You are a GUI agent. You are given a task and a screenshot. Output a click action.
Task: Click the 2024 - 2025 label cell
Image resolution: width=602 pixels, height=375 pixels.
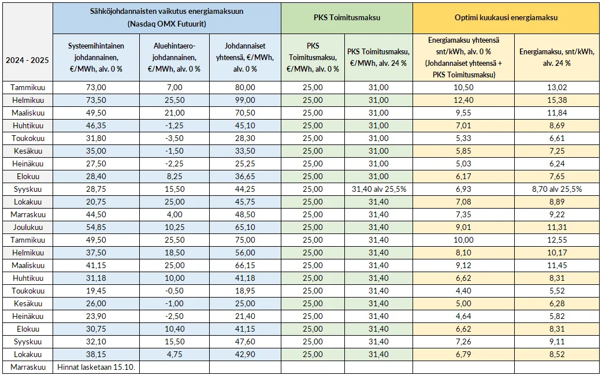(x=27, y=60)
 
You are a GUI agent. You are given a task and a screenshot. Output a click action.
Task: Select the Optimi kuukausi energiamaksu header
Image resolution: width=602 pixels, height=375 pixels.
(x=506, y=18)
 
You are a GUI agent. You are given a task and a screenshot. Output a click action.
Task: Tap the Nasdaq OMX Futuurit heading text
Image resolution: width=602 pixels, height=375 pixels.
(x=167, y=24)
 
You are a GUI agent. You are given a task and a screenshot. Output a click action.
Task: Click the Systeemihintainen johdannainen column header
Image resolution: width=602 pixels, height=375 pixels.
(x=96, y=58)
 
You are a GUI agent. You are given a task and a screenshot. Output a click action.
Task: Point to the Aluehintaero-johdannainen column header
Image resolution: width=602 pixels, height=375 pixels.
(x=174, y=58)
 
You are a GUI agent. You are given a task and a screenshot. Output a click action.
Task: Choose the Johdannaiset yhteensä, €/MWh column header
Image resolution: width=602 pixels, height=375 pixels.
(x=246, y=58)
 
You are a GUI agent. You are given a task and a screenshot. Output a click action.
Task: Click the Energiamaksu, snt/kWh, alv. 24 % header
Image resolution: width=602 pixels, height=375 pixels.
(x=557, y=58)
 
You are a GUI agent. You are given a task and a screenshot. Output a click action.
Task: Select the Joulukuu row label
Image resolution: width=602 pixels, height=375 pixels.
(x=28, y=227)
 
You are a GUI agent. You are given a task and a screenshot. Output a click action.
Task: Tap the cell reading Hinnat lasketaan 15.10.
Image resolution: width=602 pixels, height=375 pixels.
(x=99, y=367)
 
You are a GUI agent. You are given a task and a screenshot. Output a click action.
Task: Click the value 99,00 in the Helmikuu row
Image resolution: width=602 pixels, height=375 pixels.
(x=246, y=100)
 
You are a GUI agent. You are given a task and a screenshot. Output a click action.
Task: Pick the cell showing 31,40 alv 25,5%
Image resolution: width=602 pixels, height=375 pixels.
(x=378, y=189)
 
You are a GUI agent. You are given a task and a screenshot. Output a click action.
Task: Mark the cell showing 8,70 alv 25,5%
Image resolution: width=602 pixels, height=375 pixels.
(x=558, y=189)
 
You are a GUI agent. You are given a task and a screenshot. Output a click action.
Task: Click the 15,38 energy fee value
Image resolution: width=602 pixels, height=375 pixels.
(x=558, y=100)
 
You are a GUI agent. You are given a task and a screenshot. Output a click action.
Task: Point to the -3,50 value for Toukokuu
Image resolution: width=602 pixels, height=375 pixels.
(x=174, y=138)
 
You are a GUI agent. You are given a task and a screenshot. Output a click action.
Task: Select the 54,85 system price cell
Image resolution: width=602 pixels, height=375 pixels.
(x=96, y=227)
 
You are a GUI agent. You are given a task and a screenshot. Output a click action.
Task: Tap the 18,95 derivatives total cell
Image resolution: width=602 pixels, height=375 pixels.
(x=246, y=291)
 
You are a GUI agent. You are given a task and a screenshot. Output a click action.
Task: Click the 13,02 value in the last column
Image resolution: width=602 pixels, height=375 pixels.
(x=558, y=87)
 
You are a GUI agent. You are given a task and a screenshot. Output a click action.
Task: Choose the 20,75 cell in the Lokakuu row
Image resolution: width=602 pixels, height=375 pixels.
(x=96, y=202)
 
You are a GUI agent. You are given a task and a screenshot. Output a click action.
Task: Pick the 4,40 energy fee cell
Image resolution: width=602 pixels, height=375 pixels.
(x=464, y=291)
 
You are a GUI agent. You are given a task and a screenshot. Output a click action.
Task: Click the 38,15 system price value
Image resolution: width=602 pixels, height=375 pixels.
(x=96, y=354)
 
